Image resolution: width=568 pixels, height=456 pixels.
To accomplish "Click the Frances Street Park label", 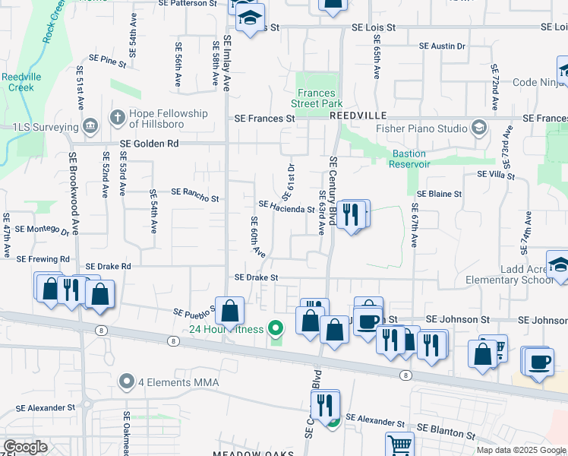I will click(x=318, y=98).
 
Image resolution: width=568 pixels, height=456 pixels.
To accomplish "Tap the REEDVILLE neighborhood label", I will click(x=358, y=115).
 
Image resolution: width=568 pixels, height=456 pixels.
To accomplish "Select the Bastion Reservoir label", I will click(x=410, y=159).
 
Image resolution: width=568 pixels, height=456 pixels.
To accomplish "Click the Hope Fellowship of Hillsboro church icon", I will click(x=116, y=117).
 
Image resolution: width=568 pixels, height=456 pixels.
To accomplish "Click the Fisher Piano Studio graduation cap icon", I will click(x=479, y=127).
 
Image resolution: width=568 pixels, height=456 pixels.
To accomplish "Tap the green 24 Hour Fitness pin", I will click(x=276, y=329).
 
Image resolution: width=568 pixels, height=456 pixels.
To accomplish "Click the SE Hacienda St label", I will click(x=286, y=207).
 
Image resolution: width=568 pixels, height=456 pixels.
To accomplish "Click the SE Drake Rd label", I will click(x=109, y=267).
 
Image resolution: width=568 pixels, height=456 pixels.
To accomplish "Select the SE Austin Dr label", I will click(x=442, y=46).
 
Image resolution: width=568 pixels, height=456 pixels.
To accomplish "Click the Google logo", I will click(x=26, y=447).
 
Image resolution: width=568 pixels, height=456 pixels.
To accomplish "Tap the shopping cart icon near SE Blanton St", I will click(x=399, y=445).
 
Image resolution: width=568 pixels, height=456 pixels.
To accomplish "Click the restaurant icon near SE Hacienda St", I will click(x=349, y=214).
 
